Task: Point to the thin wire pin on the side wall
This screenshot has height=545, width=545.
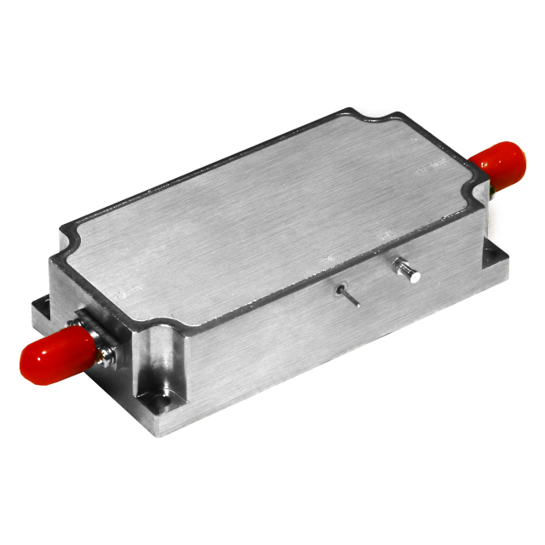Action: click(347, 295)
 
